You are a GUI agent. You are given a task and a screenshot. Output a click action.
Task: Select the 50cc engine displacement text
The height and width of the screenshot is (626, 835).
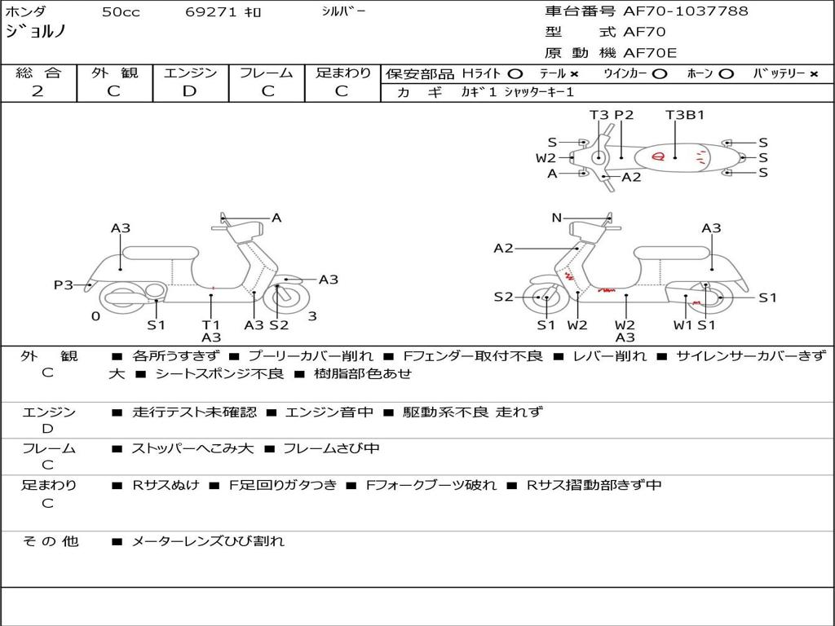coord(121,12)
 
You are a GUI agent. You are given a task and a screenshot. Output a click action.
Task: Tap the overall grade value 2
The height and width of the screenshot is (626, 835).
coord(38,90)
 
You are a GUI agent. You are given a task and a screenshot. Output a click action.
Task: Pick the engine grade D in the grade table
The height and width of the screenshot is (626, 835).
coord(190,90)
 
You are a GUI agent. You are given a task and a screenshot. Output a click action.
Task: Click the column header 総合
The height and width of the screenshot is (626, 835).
coord(38,73)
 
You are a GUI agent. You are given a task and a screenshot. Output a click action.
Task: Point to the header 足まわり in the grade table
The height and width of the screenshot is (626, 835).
coord(343,73)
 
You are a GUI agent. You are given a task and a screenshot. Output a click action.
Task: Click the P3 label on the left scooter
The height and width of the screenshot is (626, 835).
coord(64,285)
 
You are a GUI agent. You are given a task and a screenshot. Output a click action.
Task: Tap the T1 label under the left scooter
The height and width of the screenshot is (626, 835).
coord(211,324)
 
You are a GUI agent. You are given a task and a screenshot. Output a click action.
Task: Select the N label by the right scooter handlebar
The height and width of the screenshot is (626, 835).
coord(557,218)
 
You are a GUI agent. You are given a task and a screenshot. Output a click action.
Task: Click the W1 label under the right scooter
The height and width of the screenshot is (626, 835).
coord(683,324)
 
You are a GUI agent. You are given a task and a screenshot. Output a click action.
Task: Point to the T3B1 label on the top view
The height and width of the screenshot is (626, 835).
coord(685,115)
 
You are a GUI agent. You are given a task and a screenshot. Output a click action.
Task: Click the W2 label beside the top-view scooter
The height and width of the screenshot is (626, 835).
coord(546,158)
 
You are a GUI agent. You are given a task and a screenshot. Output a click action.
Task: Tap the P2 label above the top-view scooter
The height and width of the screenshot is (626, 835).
coord(624,115)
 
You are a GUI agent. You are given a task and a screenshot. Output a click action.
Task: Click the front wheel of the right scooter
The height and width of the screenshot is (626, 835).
coord(545,298)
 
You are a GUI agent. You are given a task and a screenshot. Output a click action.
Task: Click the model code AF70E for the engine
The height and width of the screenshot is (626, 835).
coord(650,53)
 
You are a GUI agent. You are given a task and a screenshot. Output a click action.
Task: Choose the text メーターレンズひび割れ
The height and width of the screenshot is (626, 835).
coord(208,540)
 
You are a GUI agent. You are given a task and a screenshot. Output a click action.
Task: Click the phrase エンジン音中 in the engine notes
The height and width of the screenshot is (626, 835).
coord(329,412)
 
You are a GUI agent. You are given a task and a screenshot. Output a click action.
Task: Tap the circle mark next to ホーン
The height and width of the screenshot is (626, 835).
coord(726,73)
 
